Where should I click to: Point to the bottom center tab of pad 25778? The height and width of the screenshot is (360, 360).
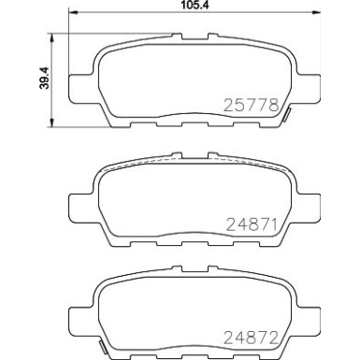coord(182,124)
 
